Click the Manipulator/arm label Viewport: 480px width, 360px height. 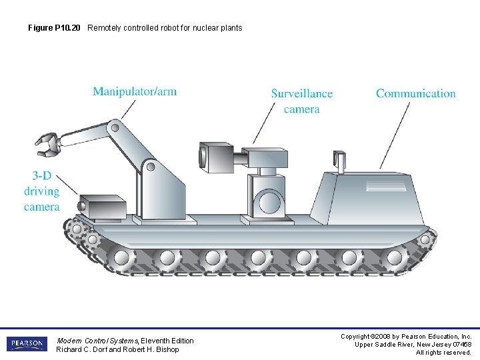pos(135,91)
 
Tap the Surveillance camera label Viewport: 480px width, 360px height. pos(301,101)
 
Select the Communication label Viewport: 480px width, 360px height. pos(415,93)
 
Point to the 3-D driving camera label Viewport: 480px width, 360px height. pos(41,191)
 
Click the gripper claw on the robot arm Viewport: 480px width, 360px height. pos(47,144)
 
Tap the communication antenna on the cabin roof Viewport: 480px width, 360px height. pos(340,161)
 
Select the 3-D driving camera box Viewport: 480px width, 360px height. pos(102,207)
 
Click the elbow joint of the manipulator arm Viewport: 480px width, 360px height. pos(115,127)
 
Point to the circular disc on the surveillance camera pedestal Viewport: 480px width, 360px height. pos(270,201)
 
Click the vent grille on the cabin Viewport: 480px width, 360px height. pos(385,183)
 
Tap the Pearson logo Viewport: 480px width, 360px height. pos(27,344)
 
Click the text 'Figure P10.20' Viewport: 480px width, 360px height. pos(55,28)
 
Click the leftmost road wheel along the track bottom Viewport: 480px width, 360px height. pos(122,257)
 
